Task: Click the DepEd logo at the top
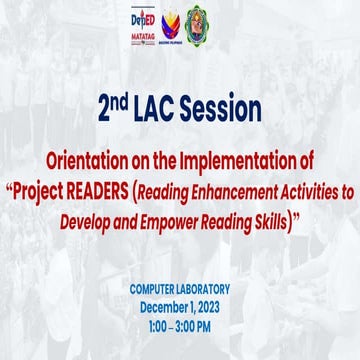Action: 144,20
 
